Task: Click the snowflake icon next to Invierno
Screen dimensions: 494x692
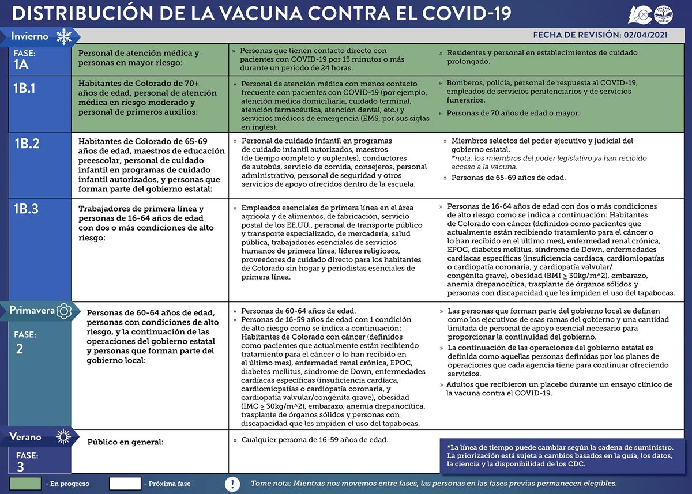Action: click(x=63, y=37)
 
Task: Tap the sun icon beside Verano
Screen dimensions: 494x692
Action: click(x=63, y=437)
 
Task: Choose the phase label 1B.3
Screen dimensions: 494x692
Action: click(x=27, y=209)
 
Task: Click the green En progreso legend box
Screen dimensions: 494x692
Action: click(x=25, y=483)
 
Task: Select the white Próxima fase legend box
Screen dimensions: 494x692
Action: click(x=125, y=483)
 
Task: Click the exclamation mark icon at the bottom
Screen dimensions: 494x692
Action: click(x=232, y=483)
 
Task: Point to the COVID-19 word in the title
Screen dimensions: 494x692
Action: click(x=466, y=14)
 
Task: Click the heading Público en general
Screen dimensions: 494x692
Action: click(x=125, y=442)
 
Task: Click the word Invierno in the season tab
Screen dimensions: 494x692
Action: click(x=30, y=36)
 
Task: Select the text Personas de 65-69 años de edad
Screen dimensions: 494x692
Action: click(x=508, y=178)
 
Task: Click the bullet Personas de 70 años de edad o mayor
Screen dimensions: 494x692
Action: click(x=513, y=113)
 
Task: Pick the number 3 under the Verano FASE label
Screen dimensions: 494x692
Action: click(x=20, y=467)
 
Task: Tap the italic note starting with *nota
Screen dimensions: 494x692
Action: click(x=549, y=162)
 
